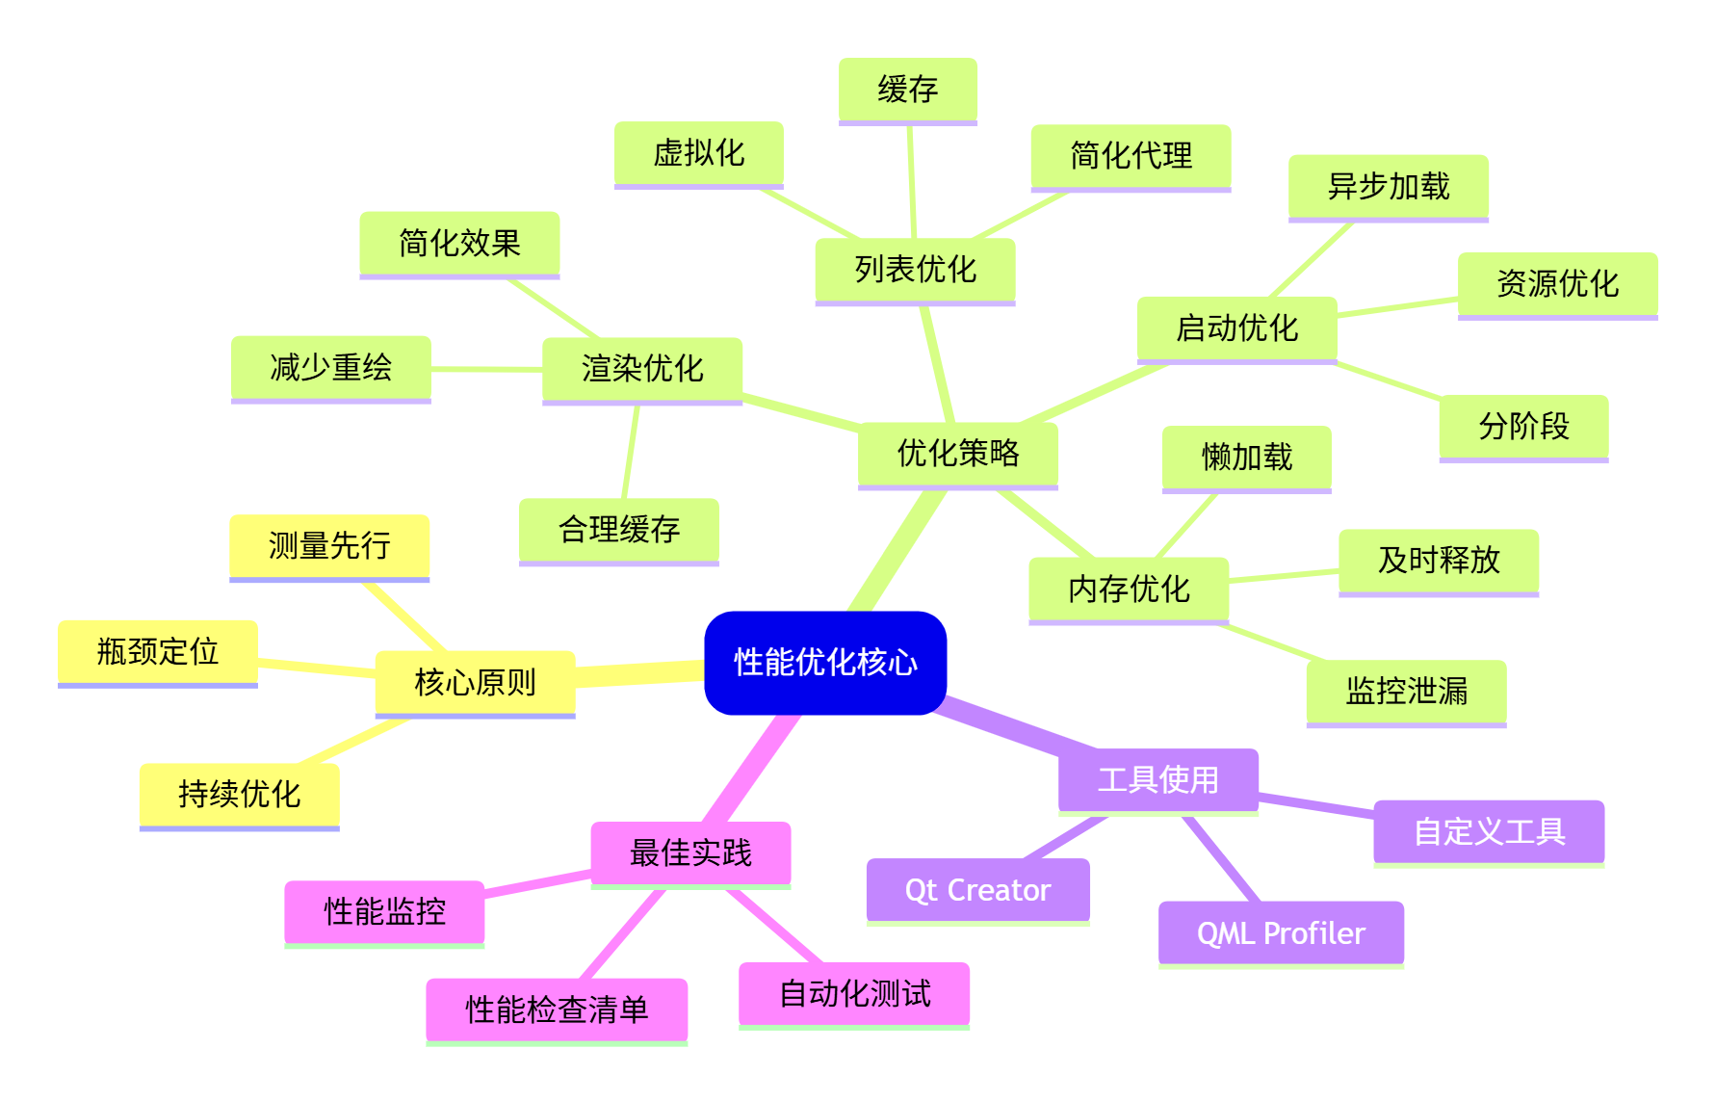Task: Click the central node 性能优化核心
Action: point(825,663)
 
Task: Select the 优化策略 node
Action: point(957,453)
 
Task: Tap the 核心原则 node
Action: point(475,682)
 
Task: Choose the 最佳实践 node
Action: point(690,852)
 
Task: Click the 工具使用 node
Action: point(1157,779)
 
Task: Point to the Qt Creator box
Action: point(977,890)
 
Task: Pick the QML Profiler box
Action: point(1281,932)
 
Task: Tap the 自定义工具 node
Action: point(1489,831)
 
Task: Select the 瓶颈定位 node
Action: point(158,652)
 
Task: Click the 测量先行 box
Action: point(329,546)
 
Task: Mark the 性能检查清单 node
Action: point(557,1009)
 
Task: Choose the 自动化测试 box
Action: point(854,993)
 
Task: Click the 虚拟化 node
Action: point(698,153)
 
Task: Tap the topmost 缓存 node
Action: point(907,90)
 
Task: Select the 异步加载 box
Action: point(1388,186)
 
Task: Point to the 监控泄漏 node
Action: point(1406,691)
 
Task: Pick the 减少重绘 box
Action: point(330,367)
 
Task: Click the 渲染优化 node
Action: point(642,368)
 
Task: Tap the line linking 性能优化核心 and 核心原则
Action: point(639,672)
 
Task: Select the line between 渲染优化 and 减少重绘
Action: point(486,369)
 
